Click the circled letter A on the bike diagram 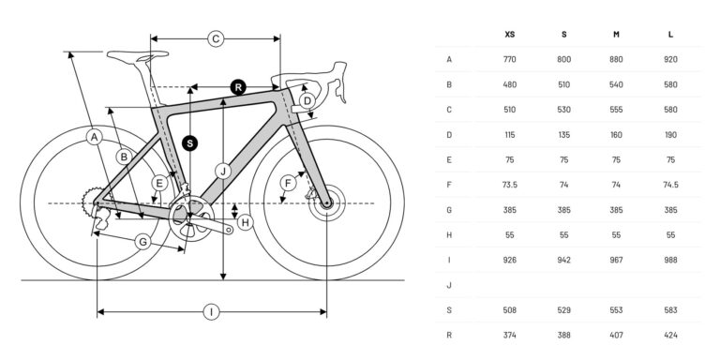93,139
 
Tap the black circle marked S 190,142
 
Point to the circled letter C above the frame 215,38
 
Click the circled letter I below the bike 212,312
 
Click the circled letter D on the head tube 306,100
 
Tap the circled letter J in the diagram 222,172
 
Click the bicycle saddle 130,56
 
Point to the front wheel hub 326,203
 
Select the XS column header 509,34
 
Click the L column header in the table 670,34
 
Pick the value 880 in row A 617,59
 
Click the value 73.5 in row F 509,185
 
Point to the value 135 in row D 563,134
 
